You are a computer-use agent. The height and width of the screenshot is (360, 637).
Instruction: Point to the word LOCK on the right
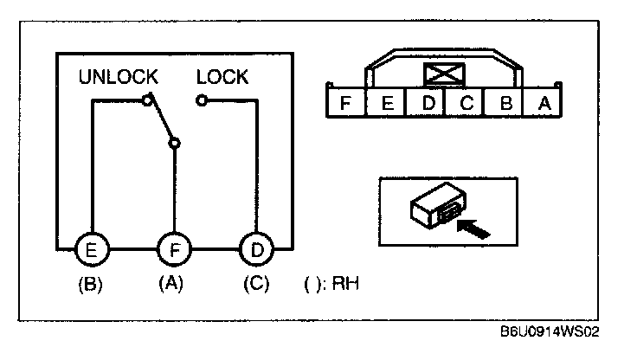[222, 77]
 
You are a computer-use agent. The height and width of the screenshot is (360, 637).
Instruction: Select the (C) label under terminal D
[255, 283]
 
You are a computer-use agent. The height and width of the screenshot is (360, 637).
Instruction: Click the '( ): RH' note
[331, 284]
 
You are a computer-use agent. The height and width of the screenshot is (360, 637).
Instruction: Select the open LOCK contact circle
[201, 100]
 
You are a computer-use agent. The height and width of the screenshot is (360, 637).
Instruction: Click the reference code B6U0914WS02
[550, 332]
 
